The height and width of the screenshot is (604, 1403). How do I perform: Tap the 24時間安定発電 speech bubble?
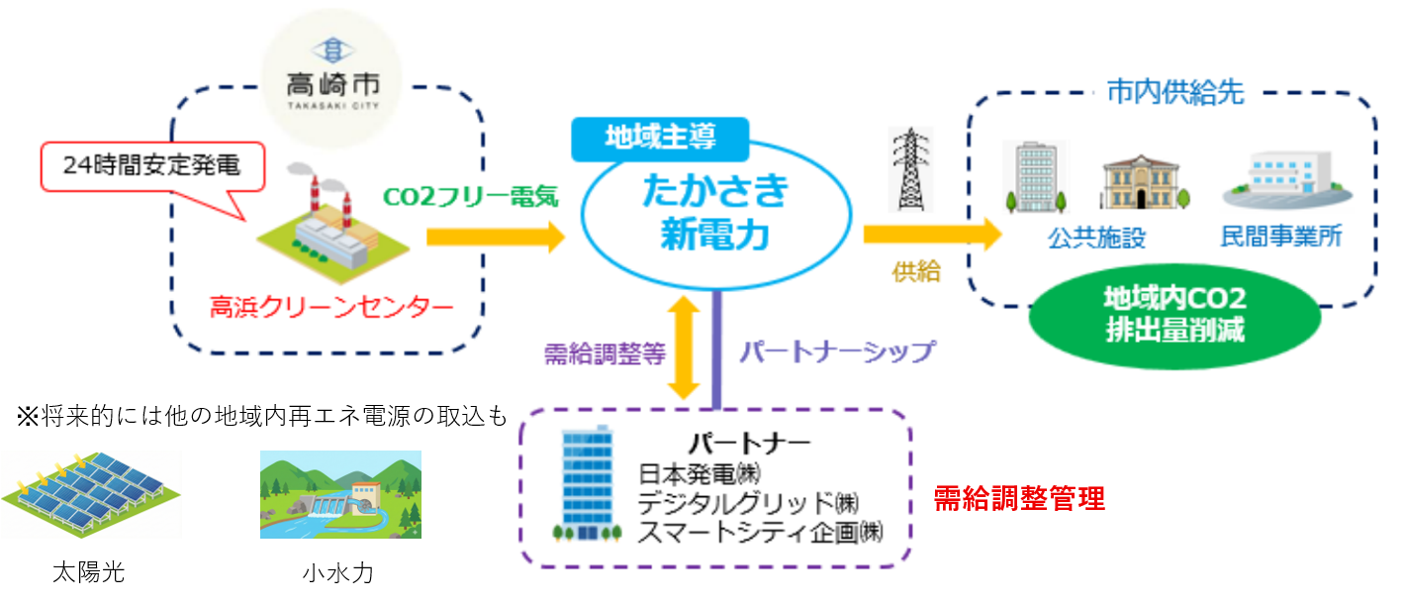(x=152, y=165)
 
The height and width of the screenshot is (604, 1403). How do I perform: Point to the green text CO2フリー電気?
(x=472, y=196)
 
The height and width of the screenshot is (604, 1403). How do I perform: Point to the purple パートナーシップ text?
(x=837, y=352)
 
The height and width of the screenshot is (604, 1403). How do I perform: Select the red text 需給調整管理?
(x=1019, y=499)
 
